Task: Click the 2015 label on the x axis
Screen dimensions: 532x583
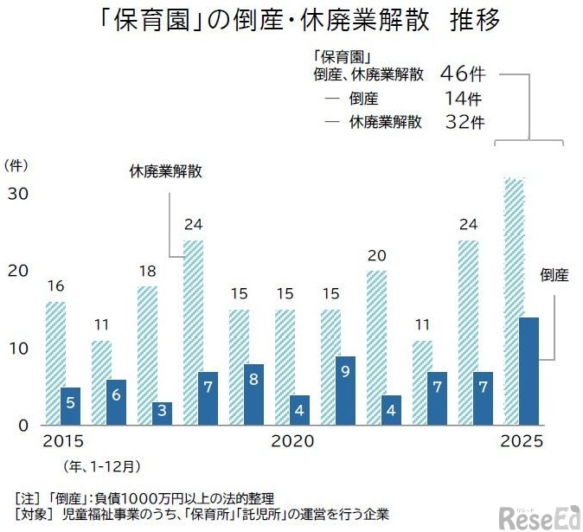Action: click(64, 442)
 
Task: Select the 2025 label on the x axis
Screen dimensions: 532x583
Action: click(521, 442)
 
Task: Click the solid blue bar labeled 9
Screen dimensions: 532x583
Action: click(346, 390)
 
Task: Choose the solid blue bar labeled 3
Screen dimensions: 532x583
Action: click(162, 413)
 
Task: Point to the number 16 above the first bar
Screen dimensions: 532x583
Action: click(54, 286)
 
